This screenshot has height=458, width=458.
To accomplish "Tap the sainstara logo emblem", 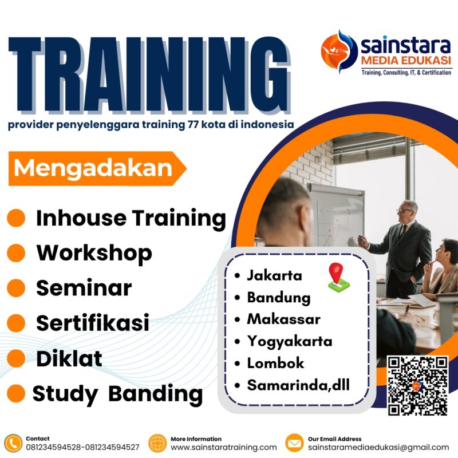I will pos(339,51).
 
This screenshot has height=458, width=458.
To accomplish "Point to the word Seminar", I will pos(84,288).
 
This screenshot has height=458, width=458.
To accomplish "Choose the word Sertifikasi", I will pos(93,323).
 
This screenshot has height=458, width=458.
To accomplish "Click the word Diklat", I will pos(69,358).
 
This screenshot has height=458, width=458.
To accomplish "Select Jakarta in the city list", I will pos(274,275).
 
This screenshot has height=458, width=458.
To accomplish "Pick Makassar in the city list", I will pos(283,319).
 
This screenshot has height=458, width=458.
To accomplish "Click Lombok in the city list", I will pos(275,362).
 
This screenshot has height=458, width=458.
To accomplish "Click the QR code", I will pos(417,385).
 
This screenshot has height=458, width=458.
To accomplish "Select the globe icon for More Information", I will pos(157,443).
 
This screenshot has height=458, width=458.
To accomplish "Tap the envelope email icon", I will pos(294,443).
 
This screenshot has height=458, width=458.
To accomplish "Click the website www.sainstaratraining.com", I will pos(224,447).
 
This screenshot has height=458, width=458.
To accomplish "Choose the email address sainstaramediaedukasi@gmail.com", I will pos(378,447).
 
